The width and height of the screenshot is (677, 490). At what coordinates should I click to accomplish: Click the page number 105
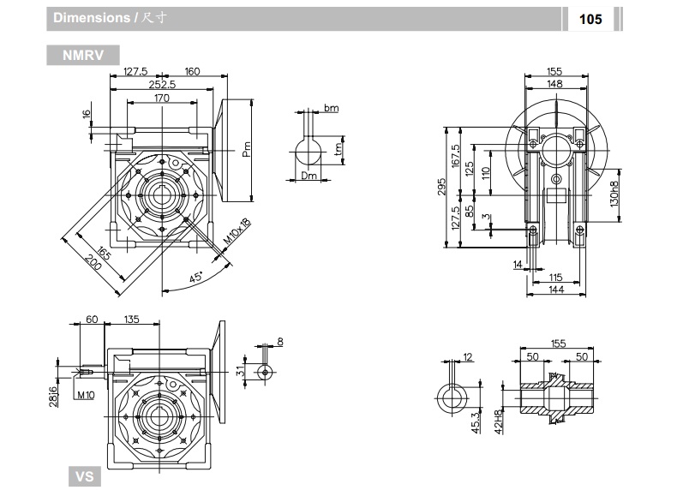tap(590, 18)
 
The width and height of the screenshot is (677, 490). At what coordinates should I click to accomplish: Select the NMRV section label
tap(83, 56)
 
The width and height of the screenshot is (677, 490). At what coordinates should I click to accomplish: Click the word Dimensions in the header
tap(91, 18)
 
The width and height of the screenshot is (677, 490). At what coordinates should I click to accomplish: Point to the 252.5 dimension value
tap(162, 84)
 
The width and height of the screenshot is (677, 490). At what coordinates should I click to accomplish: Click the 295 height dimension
tap(440, 188)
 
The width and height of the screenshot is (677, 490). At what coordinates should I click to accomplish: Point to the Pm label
tap(244, 149)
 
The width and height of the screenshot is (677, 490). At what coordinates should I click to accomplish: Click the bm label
tap(331, 109)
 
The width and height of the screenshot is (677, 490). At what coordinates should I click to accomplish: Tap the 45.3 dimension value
tap(476, 422)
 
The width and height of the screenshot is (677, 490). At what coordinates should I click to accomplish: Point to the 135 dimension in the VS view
tap(131, 320)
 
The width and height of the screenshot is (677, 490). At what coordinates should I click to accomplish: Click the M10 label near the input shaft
tap(86, 395)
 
